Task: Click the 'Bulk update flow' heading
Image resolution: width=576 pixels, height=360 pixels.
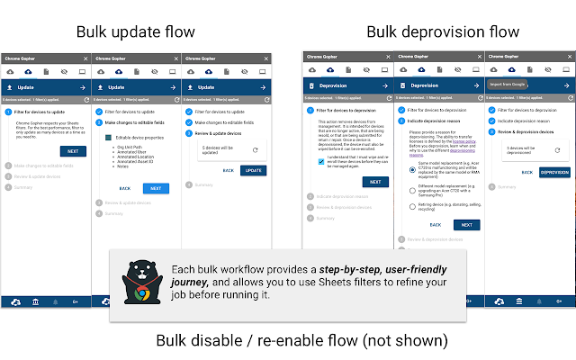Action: (135, 32)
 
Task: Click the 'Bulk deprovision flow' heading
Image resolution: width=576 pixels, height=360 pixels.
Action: (442, 32)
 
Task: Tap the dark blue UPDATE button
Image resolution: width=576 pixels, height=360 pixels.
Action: (254, 170)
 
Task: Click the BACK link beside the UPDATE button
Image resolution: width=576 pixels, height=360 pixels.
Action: (229, 170)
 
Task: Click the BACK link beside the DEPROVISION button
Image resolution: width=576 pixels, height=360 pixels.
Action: (524, 172)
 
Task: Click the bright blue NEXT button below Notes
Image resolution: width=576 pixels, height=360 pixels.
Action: (155, 188)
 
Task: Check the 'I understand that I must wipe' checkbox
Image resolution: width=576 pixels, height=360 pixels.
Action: (321, 161)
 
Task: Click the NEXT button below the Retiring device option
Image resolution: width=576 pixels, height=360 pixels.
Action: (465, 225)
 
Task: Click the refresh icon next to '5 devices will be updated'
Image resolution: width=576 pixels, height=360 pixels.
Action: (255, 151)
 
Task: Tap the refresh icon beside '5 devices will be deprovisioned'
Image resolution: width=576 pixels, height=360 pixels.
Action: (558, 151)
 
